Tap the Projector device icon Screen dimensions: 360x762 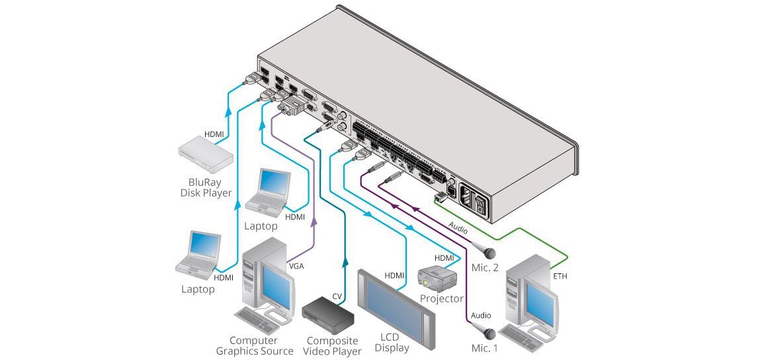point(437,279)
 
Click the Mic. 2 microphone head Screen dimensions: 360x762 point(490,253)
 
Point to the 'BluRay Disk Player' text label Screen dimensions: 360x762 point(206,187)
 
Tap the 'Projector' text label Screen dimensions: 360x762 point(441,298)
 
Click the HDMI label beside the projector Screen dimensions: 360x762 point(444,257)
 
